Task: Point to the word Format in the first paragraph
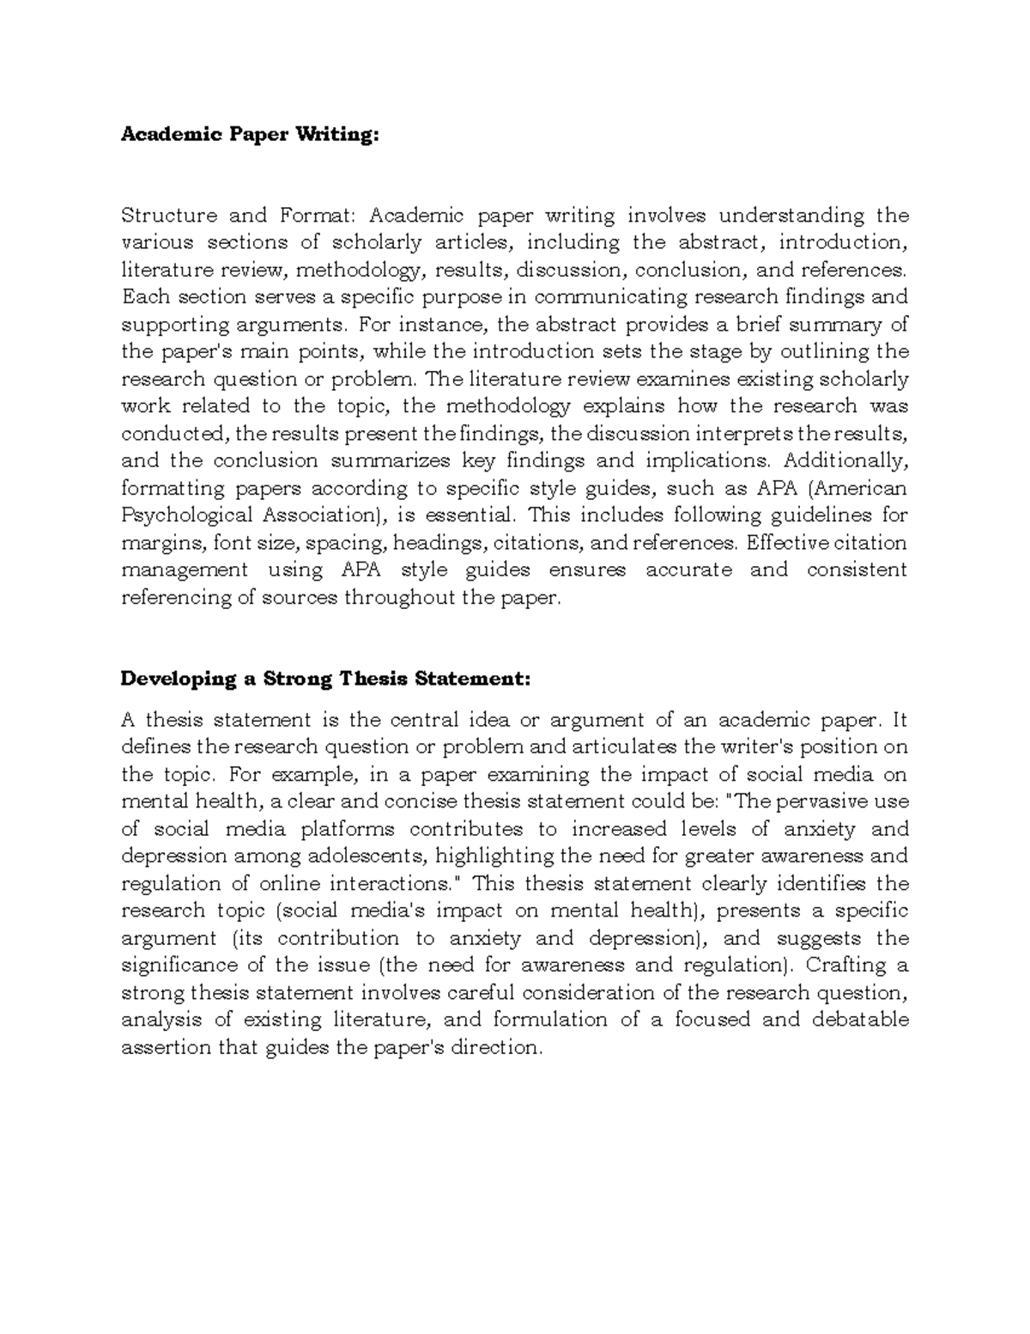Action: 306,215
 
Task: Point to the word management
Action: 185,570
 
